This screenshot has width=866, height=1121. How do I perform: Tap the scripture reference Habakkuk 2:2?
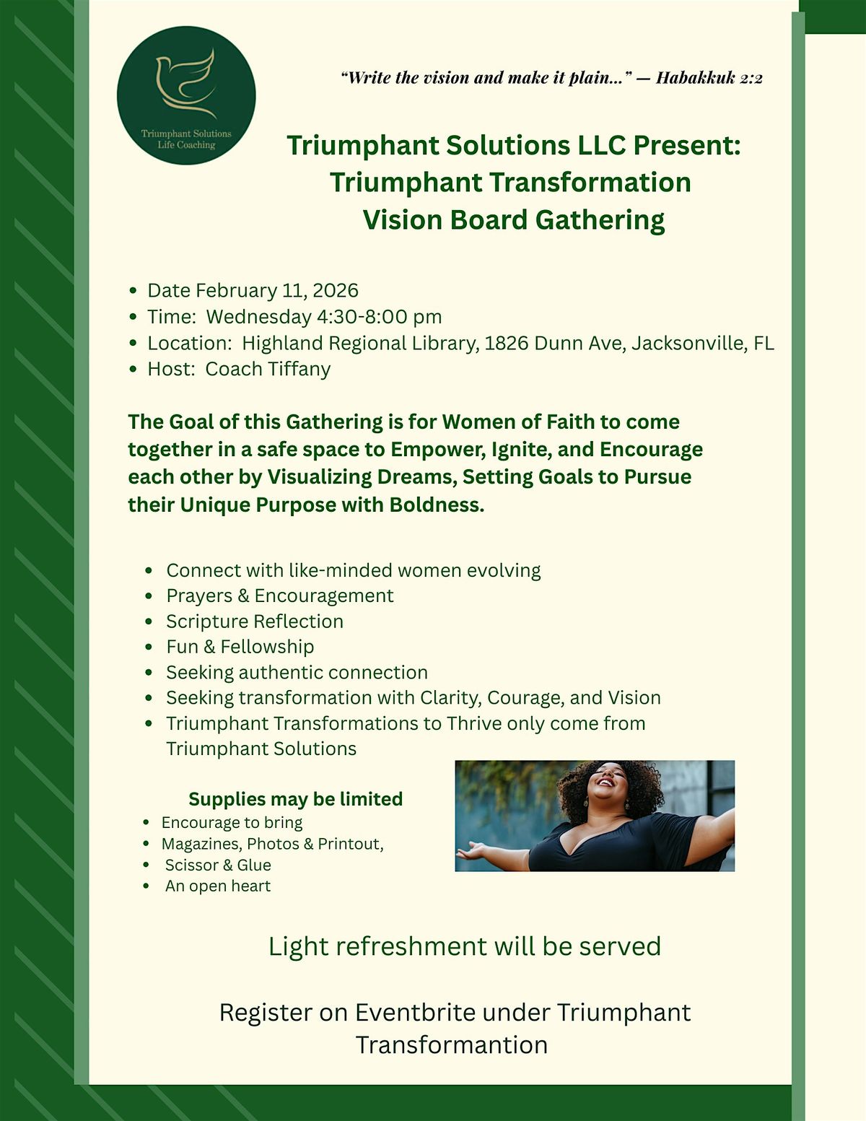[709, 78]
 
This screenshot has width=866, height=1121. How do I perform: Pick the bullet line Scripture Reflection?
[255, 621]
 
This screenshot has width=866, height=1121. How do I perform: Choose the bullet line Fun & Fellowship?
[240, 647]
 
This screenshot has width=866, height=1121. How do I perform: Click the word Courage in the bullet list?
[523, 698]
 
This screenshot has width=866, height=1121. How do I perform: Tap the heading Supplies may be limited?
[295, 799]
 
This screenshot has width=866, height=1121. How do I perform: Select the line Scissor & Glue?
[218, 865]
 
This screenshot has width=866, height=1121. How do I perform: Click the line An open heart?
[218, 886]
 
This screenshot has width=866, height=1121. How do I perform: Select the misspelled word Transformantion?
[452, 1045]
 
